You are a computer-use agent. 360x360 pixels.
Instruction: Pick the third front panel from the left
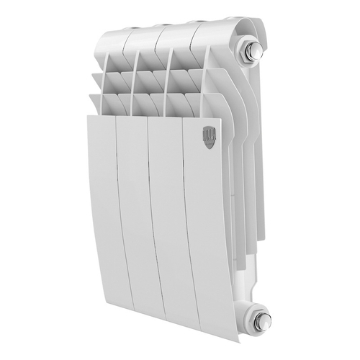(168, 216)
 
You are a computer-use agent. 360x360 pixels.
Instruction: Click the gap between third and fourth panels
(185, 216)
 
